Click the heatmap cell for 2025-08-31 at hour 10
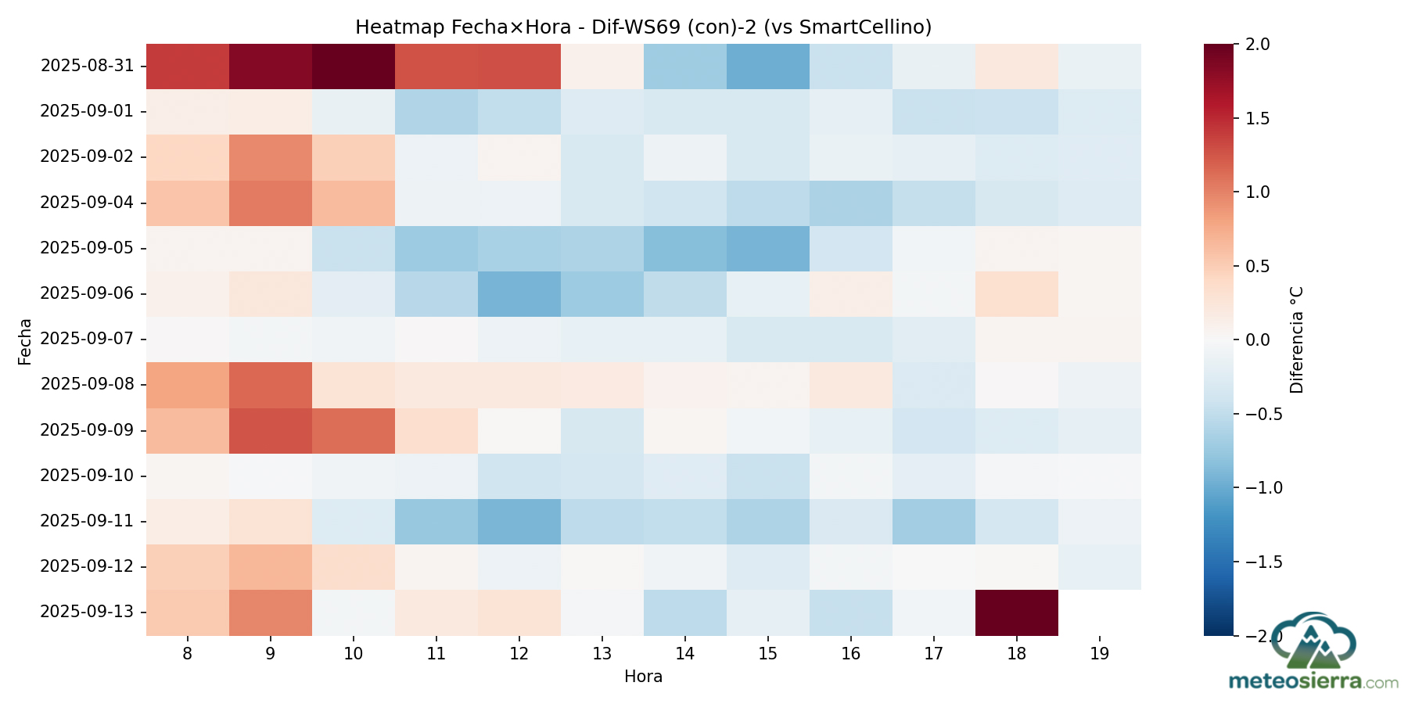pos(354,66)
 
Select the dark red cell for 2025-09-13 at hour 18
pos(1017,612)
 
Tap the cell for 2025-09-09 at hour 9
pos(271,430)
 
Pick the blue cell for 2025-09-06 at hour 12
pos(519,293)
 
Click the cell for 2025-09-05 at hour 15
pos(768,248)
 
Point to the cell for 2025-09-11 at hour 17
pos(934,521)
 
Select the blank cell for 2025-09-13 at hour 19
pos(1100,612)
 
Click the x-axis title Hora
pos(643,677)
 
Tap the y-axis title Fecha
pos(25,341)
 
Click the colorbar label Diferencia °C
pos(1297,339)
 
